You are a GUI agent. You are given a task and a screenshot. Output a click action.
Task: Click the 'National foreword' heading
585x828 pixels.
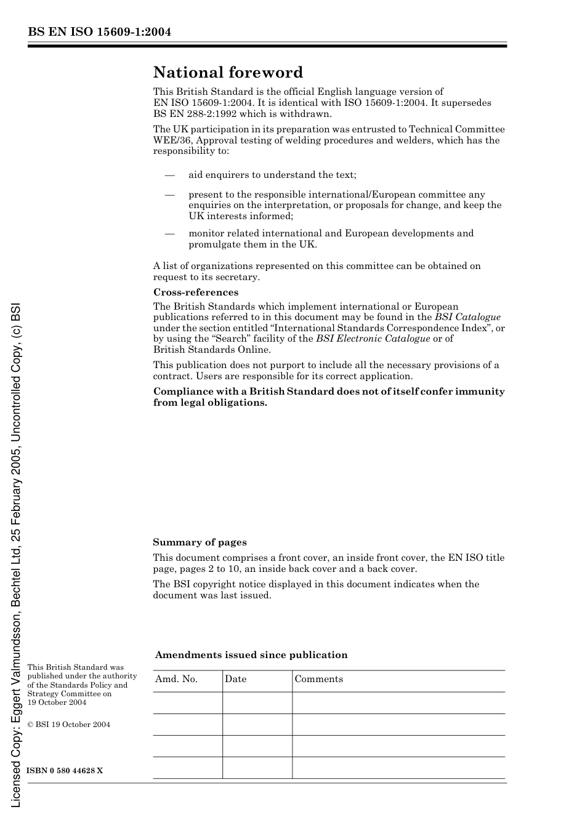[x=228, y=73]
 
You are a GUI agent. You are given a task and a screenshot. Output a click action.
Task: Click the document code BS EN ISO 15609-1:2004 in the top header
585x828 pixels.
[x=99, y=32]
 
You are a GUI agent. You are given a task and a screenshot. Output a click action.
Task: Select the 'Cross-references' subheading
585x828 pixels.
[x=196, y=292]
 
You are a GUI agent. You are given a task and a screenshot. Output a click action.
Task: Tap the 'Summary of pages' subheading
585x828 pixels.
[x=200, y=542]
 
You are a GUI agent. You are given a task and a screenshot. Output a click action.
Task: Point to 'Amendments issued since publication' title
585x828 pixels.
[x=251, y=655]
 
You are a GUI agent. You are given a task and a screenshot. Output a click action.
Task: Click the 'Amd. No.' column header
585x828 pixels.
[x=176, y=679]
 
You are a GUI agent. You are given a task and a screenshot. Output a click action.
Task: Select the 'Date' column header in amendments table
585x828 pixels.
[x=235, y=679]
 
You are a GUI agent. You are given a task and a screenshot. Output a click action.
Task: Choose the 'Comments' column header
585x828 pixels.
[x=318, y=679]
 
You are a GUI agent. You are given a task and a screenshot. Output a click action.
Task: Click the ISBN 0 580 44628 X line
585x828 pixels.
[x=65, y=771]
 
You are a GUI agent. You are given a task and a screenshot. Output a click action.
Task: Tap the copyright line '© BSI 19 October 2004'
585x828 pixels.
[x=69, y=725]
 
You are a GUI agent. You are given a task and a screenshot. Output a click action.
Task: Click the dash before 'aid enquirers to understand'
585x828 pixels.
[x=170, y=175]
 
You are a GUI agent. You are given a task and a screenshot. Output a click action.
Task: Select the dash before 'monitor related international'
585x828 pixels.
[x=170, y=233]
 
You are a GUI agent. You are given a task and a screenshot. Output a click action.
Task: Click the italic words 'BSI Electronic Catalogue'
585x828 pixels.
[x=373, y=339]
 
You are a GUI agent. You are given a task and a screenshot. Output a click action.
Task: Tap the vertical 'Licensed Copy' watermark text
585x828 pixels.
[x=16, y=554]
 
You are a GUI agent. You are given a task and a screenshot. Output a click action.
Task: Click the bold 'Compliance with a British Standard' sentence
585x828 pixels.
[x=329, y=397]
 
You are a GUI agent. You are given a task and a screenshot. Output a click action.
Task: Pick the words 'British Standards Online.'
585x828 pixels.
[x=212, y=350]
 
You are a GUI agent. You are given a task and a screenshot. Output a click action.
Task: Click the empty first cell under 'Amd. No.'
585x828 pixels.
[x=187, y=702]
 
